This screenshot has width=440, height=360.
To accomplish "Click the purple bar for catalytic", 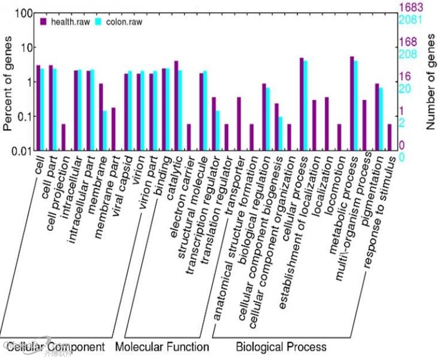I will tap(176, 106).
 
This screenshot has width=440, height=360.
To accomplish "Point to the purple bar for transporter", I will tap(239, 124).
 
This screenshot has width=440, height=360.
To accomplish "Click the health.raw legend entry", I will tap(66, 22).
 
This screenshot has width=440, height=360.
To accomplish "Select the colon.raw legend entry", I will tap(120, 22).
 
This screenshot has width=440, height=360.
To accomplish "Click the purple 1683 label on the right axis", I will tap(412, 8).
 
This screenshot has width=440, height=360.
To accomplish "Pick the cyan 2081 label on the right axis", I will tap(412, 20).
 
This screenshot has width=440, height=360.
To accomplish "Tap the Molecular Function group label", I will tap(162, 347).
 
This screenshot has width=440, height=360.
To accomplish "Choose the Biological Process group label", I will tap(281, 347).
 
